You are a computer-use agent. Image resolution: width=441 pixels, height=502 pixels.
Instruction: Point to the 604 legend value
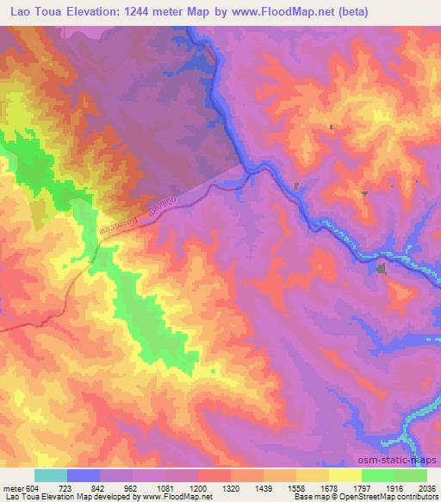point(32,489)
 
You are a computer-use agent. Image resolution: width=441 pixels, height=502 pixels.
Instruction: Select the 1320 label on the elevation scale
point(231,489)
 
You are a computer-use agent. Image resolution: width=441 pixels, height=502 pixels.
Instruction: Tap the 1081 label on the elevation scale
point(165,489)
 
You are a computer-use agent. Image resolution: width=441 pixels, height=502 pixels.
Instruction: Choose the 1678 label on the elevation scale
point(329,489)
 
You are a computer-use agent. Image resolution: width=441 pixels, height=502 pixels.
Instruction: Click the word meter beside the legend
point(12,489)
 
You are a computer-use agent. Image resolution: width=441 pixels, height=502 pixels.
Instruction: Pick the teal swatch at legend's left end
point(51,475)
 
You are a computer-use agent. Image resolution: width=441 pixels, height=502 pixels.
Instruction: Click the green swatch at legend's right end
point(411,475)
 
